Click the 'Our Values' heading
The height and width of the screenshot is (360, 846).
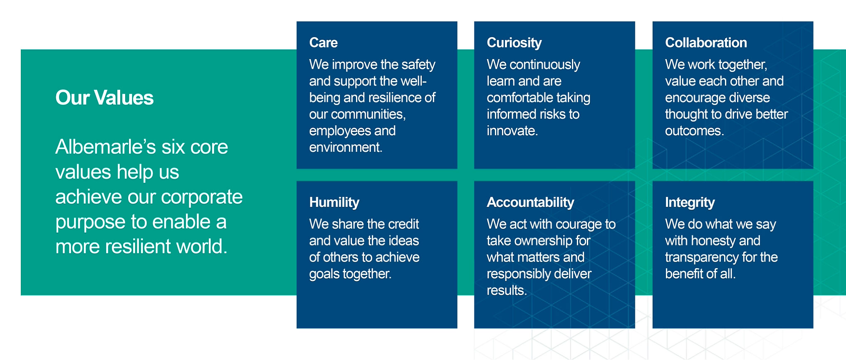(x=104, y=98)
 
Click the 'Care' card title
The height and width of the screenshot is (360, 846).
(x=323, y=43)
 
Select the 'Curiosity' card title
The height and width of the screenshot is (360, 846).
(x=514, y=43)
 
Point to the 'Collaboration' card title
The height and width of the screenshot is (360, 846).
(x=706, y=43)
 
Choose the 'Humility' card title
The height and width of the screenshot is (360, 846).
(x=334, y=202)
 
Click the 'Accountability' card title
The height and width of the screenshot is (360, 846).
(x=530, y=202)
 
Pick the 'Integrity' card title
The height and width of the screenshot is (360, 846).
(x=690, y=202)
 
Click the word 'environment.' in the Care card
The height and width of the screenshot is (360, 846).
(x=345, y=148)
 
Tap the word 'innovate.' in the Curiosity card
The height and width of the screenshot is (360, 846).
(x=512, y=131)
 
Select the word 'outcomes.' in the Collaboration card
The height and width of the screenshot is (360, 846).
(x=694, y=131)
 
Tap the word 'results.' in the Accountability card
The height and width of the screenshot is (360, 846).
(x=507, y=291)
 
